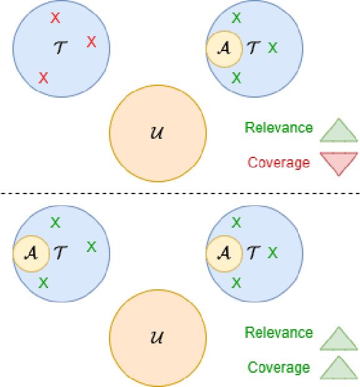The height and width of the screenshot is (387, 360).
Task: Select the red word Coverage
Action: coord(278,163)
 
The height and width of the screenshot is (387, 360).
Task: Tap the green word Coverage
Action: coord(278,368)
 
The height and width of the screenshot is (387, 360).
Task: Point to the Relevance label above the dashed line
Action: coord(278,128)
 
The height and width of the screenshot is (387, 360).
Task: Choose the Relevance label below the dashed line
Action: coord(278,333)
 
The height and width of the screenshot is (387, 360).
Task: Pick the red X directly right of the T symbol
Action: coord(92,42)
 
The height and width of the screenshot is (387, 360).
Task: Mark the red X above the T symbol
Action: coord(55,19)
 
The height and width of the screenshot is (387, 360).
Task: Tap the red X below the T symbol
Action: coord(44,78)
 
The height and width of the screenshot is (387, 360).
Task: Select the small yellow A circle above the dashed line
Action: coord(224,48)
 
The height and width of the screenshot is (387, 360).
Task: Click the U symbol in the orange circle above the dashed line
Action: coord(158,133)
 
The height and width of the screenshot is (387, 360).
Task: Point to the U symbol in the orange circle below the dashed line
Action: coord(158,338)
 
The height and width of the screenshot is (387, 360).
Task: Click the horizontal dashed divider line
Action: coord(180,193)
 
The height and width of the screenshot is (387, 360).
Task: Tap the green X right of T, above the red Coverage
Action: coord(272,47)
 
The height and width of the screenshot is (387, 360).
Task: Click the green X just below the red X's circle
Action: coord(55,222)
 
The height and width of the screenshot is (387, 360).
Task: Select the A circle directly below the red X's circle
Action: coord(31,253)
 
